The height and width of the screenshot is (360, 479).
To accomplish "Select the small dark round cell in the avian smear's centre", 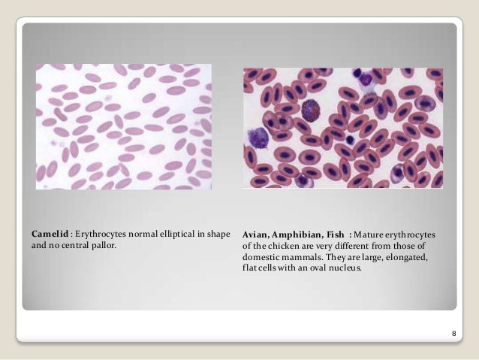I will (351, 139).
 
